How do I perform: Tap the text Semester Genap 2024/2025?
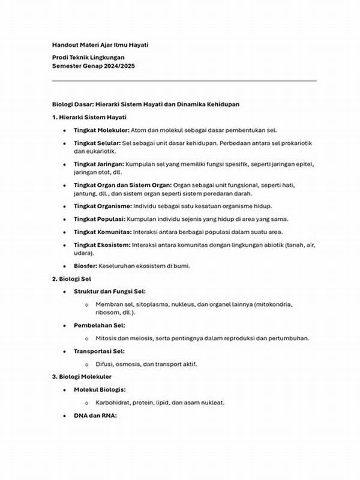[x=93, y=65]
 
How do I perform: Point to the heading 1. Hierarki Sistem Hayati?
[x=89, y=116]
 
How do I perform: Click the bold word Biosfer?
[x=85, y=266]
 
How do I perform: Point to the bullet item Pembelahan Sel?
[x=99, y=325]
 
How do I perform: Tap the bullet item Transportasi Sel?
[x=100, y=351]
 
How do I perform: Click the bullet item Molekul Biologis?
[x=100, y=389]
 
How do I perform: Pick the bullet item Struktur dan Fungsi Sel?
[x=110, y=292]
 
